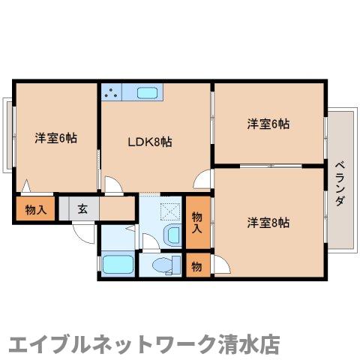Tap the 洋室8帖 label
pos(268,222)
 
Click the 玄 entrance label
pos(82,208)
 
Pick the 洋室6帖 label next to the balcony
pos(268,124)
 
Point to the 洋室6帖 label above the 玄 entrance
pos(55,138)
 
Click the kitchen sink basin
pos(146,93)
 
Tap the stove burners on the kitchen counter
pos(113,93)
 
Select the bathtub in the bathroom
pos(117,265)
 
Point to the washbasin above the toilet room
pos(172,235)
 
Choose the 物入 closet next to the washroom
pos(198,221)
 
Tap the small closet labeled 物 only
pos(196,265)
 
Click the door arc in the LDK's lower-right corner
pos(202,180)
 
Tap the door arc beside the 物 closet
pos(220,266)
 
